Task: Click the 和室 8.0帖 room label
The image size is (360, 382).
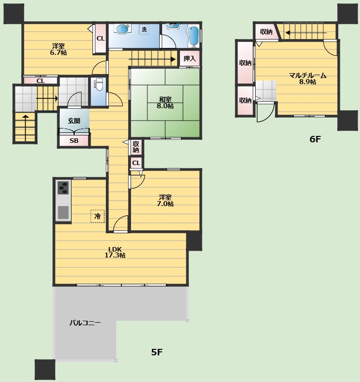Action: pos(165,103)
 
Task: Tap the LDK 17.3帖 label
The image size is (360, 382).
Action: pos(115,252)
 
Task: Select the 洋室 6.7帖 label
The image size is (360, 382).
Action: pos(58,49)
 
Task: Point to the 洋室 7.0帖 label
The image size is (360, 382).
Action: pos(165,200)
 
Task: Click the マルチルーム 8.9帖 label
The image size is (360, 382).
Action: pos(308,79)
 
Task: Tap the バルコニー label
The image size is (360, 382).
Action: pos(85,323)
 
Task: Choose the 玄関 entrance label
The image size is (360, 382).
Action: pos(74,121)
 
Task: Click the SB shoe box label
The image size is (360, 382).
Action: pos(74,140)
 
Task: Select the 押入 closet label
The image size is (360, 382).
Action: pos(189,58)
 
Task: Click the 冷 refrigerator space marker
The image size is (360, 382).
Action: pos(97,216)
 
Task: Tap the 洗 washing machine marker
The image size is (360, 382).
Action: pos(144,29)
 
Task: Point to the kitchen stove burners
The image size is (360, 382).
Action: pos(63,188)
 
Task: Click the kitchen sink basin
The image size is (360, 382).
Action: pos(63,212)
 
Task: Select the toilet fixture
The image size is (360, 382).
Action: pos(98,84)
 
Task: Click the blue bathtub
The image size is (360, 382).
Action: pos(193,36)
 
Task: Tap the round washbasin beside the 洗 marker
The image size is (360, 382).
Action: pos(122,29)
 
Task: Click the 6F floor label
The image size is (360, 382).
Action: pos(315,139)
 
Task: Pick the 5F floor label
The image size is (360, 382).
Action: pos(157,352)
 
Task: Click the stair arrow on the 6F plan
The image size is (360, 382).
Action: pos(306,33)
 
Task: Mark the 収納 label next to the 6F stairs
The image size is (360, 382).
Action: pos(266,32)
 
